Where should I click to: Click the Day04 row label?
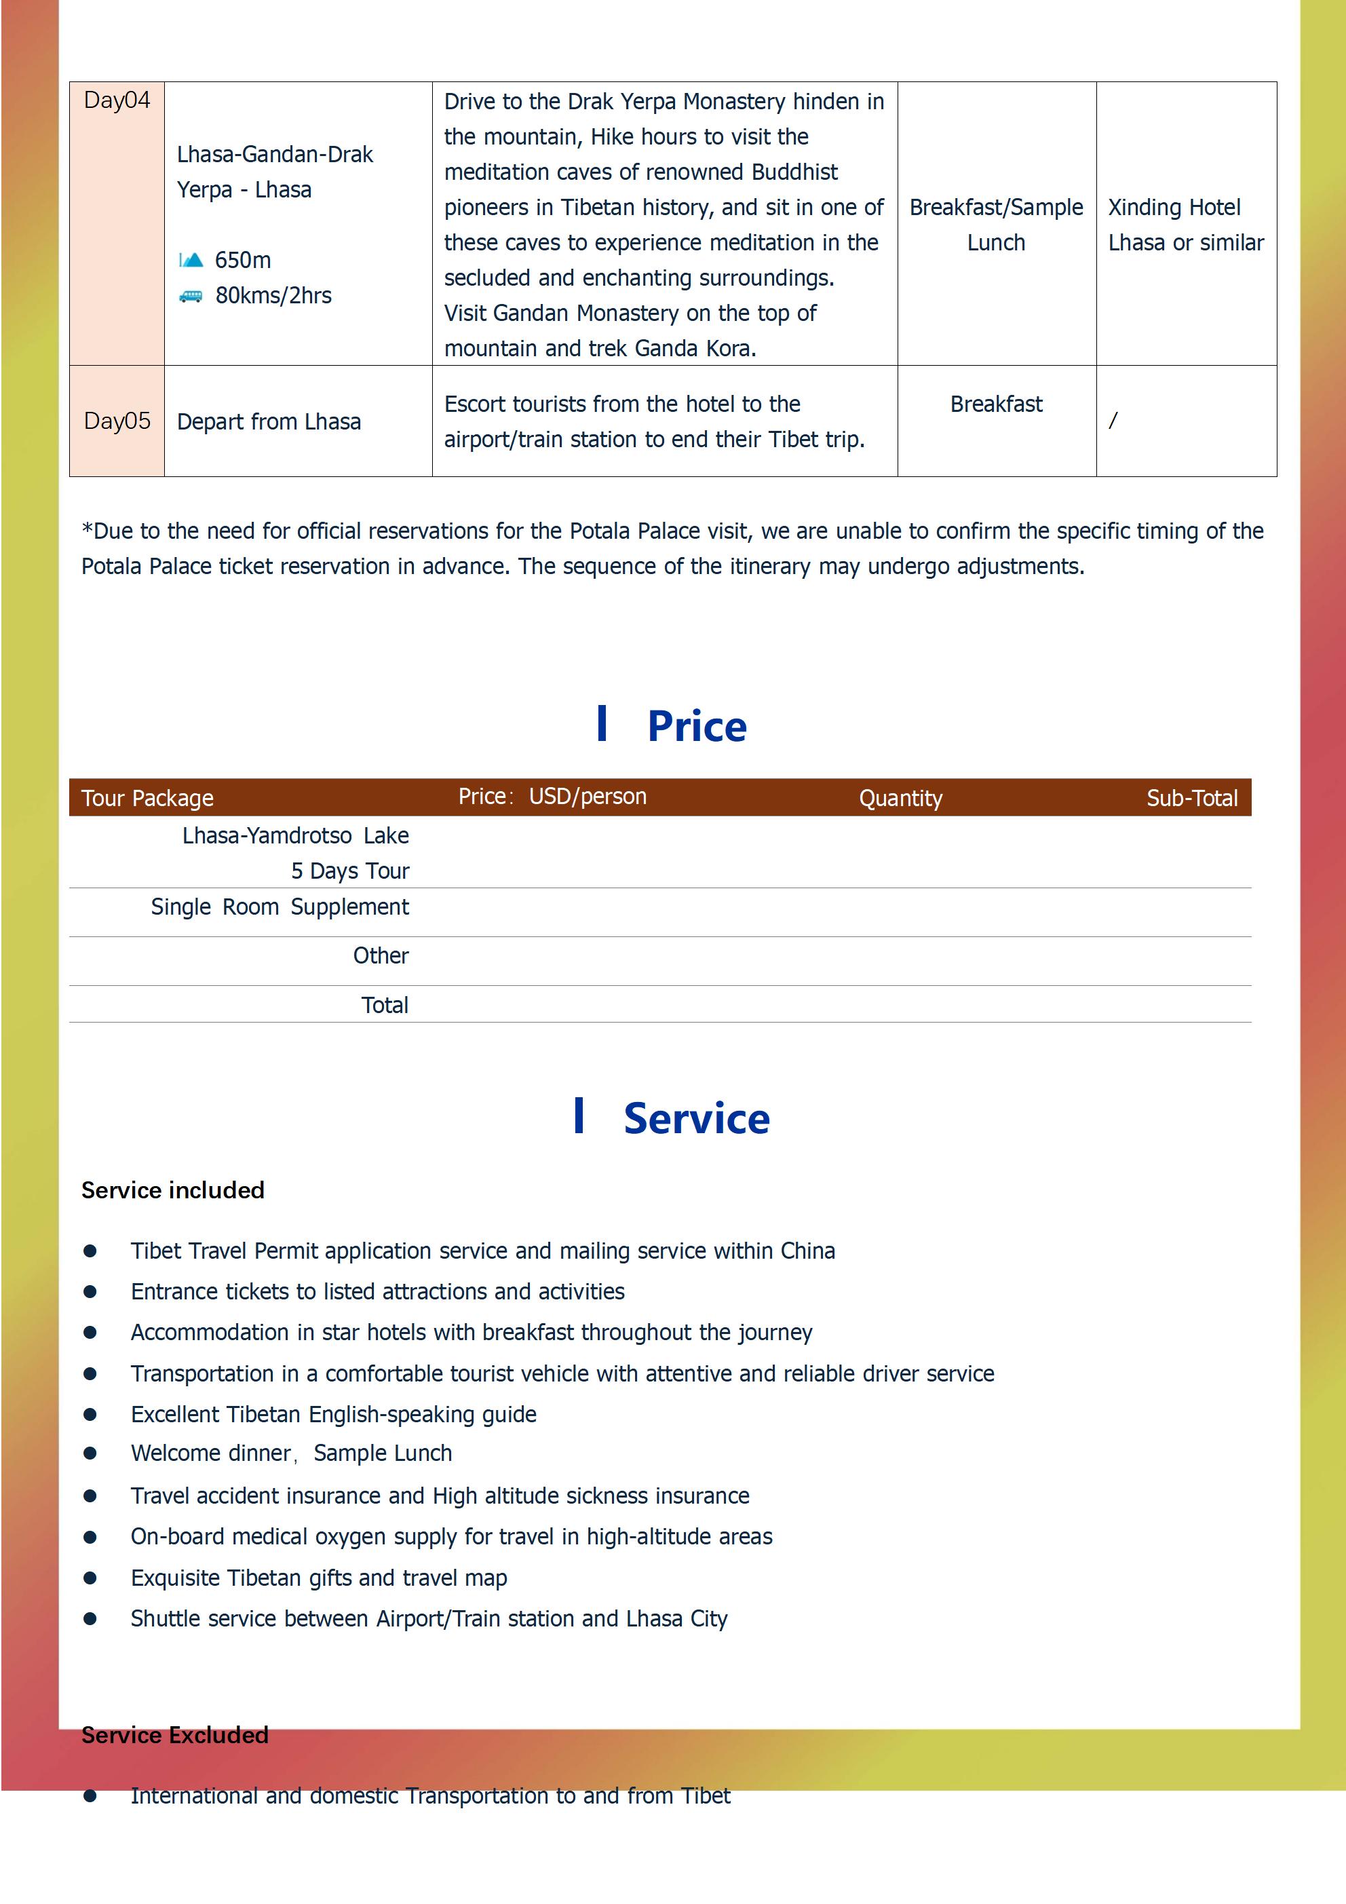117,100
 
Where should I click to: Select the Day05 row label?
117,421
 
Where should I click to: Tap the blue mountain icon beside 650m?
191,261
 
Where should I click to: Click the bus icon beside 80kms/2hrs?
191,296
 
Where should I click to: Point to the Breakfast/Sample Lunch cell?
995,225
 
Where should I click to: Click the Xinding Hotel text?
1174,208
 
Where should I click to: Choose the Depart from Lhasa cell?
269,422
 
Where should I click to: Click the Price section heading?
696,727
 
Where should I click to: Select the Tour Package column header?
148,799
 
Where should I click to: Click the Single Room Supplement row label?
280,907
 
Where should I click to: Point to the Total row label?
385,1005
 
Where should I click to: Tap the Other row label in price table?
381,956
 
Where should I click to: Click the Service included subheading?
172,1191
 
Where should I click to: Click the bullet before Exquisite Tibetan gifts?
90,1578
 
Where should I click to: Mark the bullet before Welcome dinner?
90,1453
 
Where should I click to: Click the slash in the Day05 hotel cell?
1113,421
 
